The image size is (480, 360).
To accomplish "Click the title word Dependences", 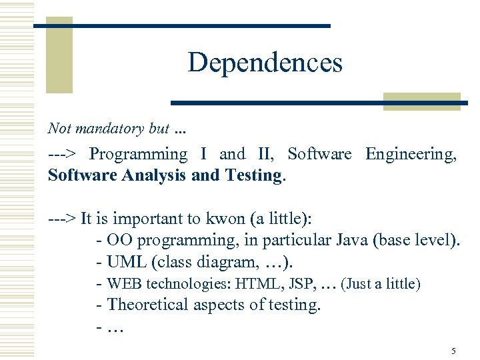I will click(x=265, y=63).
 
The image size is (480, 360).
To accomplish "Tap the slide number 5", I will click(x=453, y=351).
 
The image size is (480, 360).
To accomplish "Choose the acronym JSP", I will click(x=301, y=284).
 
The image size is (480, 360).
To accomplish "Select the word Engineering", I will click(x=411, y=154).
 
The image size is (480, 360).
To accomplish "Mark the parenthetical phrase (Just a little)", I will click(x=381, y=284).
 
